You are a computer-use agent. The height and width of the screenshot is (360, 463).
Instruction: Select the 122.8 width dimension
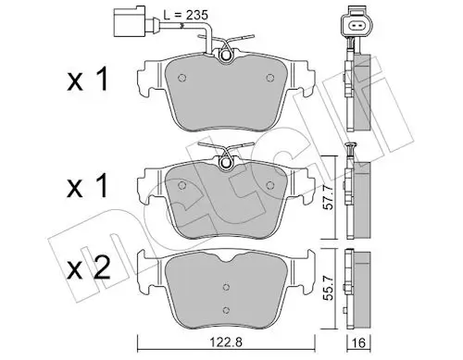pyautogui.click(x=221, y=341)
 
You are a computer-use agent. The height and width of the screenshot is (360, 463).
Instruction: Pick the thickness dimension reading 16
pyautogui.click(x=366, y=341)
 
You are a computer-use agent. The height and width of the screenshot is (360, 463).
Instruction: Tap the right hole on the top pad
pyautogui.click(x=269, y=77)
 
